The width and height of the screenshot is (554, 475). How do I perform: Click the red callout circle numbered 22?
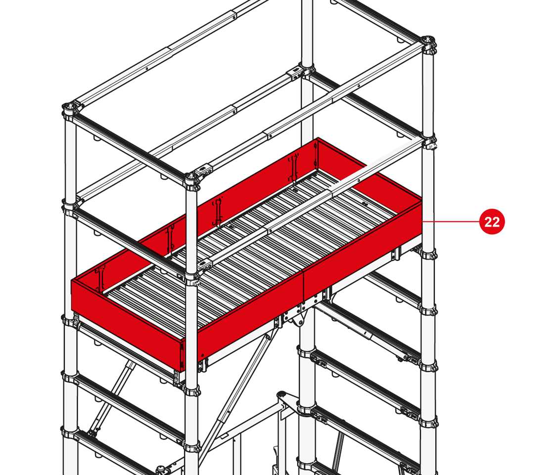pyautogui.click(x=492, y=222)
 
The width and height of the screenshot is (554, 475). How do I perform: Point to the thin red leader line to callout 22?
pyautogui.click(x=451, y=221)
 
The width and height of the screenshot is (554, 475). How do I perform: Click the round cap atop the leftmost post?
pyautogui.click(x=70, y=106)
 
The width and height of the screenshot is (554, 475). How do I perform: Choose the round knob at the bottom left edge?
pyautogui.click(x=162, y=470)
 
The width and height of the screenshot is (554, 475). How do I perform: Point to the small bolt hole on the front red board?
pyautogui.click(x=203, y=355)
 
